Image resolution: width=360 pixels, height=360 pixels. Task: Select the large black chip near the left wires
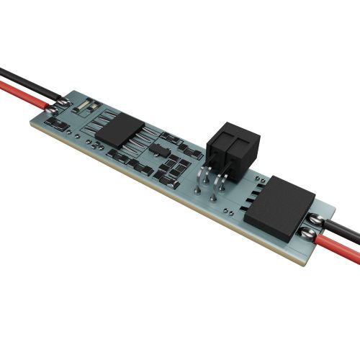[x=115, y=129]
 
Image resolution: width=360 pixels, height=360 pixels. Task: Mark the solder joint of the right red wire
[x=307, y=232]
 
